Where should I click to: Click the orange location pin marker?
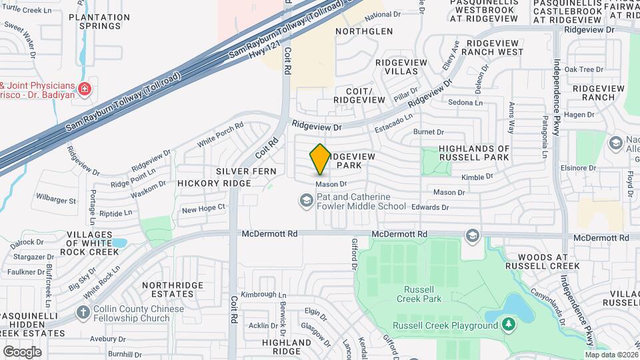[x=320, y=159]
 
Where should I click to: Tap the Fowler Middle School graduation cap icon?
[x=306, y=201]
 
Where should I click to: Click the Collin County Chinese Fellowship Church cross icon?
[x=83, y=313]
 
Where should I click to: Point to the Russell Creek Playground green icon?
[x=509, y=325]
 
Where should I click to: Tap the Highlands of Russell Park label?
[x=474, y=153]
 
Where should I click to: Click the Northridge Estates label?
[x=163, y=289]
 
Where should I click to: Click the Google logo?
[x=21, y=351]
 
